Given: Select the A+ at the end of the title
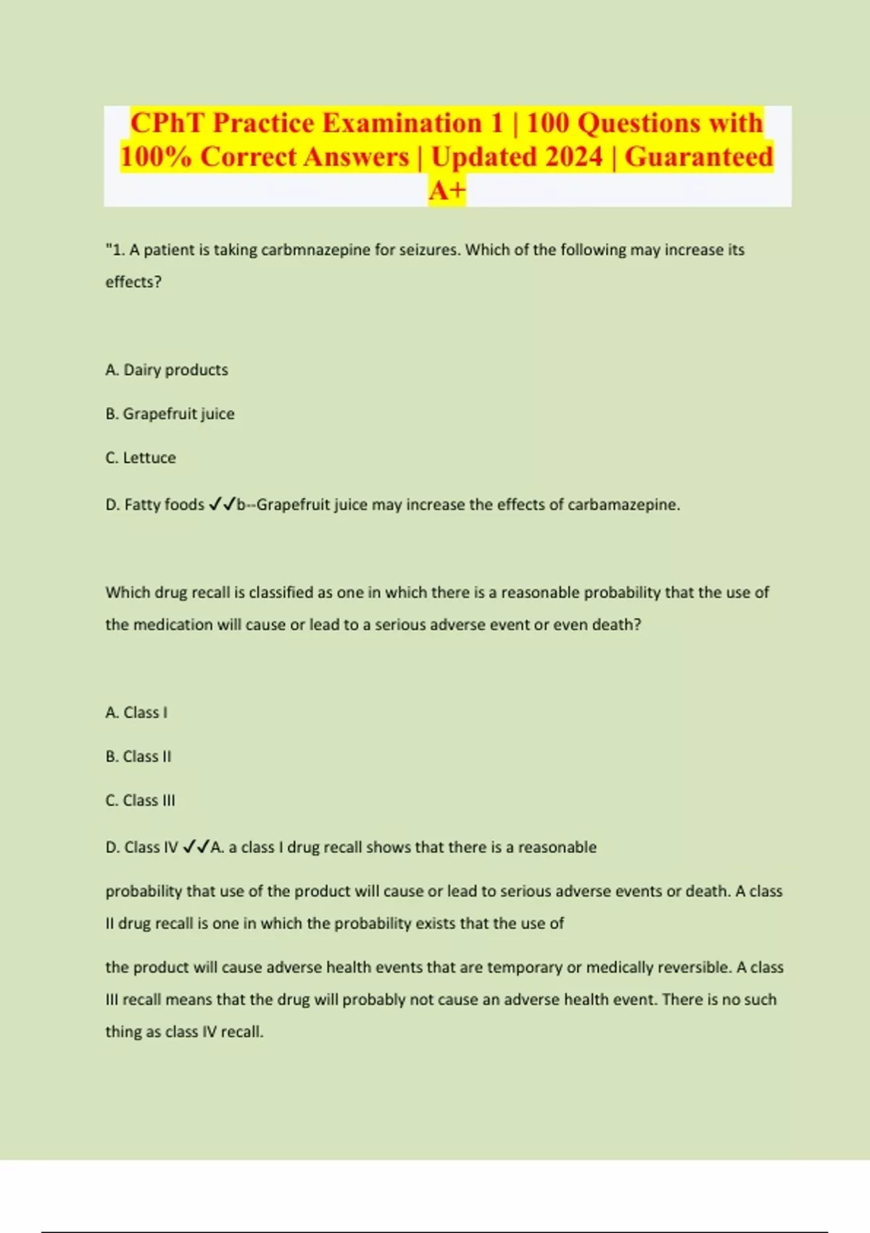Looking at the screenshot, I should pos(447,191).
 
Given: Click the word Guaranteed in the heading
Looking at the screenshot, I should pos(699,157).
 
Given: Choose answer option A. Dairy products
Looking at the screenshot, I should pos(167,370).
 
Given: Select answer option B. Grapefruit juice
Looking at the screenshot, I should pos(170,414).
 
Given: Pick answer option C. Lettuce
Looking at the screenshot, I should pos(141,458).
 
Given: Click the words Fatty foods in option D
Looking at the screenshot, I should pos(165,505).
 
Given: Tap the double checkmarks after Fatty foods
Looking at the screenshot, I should pos(222,504).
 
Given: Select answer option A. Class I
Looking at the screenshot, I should pos(136,713).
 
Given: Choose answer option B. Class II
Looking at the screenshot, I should pos(138,757).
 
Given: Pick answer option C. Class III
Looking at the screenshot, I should pos(141,801).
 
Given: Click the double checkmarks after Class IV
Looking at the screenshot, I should pos(196,847).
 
